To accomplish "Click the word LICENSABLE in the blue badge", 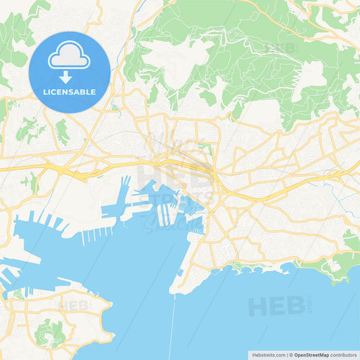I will (69, 92).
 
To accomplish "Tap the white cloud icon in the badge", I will (69, 57).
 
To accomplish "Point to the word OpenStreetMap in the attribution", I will (311, 354).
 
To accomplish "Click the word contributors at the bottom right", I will (344, 354).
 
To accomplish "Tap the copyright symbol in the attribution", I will (290, 354).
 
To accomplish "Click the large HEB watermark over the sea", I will (277, 306).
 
